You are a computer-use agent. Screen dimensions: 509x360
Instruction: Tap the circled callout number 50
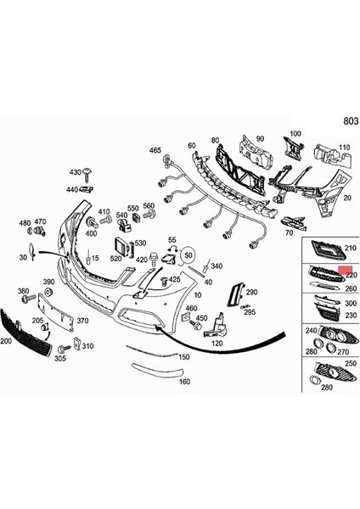pos(188,254)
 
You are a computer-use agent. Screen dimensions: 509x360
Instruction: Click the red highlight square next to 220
pos(345,271)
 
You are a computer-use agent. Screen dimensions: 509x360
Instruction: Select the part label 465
pos(155,150)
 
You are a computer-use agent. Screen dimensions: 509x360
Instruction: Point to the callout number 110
pos(345,147)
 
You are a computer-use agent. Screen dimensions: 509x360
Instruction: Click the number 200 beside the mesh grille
pos(6,339)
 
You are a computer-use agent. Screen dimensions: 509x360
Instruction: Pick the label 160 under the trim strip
pos(183,382)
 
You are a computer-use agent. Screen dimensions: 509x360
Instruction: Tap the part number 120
pos(217,344)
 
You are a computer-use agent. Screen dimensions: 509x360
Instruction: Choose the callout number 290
pos(251,292)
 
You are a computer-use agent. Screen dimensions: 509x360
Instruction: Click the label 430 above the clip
pos(74,172)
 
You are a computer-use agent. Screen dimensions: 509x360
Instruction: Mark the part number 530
pos(140,243)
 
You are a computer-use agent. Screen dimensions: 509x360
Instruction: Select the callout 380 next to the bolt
pos(23,291)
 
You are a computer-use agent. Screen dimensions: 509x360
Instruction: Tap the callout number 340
pos(217,266)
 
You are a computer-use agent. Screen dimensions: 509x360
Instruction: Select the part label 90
pos(260,139)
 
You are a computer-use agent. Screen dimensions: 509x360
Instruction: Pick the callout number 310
pos(87,346)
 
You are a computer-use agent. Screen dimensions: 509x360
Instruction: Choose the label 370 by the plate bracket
pos(82,321)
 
